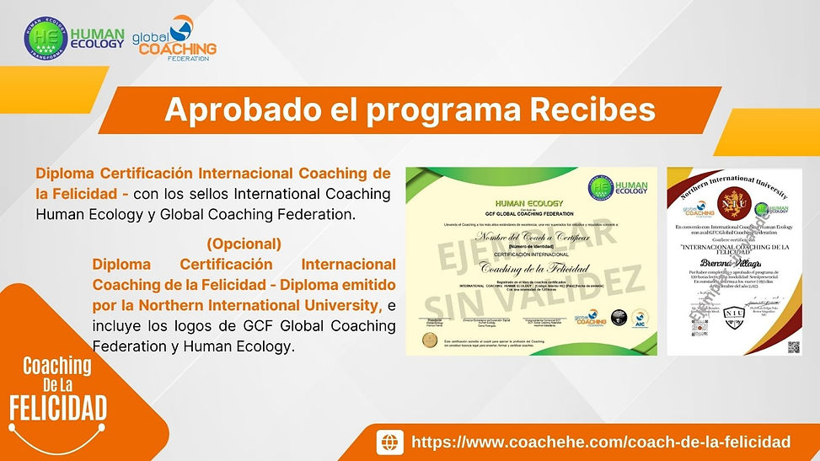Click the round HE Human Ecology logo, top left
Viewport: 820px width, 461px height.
[44, 39]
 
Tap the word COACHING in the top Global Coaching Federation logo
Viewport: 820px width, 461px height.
[177, 49]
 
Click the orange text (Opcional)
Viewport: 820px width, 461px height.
[244, 244]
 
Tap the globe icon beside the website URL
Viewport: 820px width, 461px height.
[389, 442]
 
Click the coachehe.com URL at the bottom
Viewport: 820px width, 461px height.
[600, 442]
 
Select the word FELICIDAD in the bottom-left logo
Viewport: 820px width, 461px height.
[58, 410]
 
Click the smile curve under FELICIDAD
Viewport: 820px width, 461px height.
[58, 432]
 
